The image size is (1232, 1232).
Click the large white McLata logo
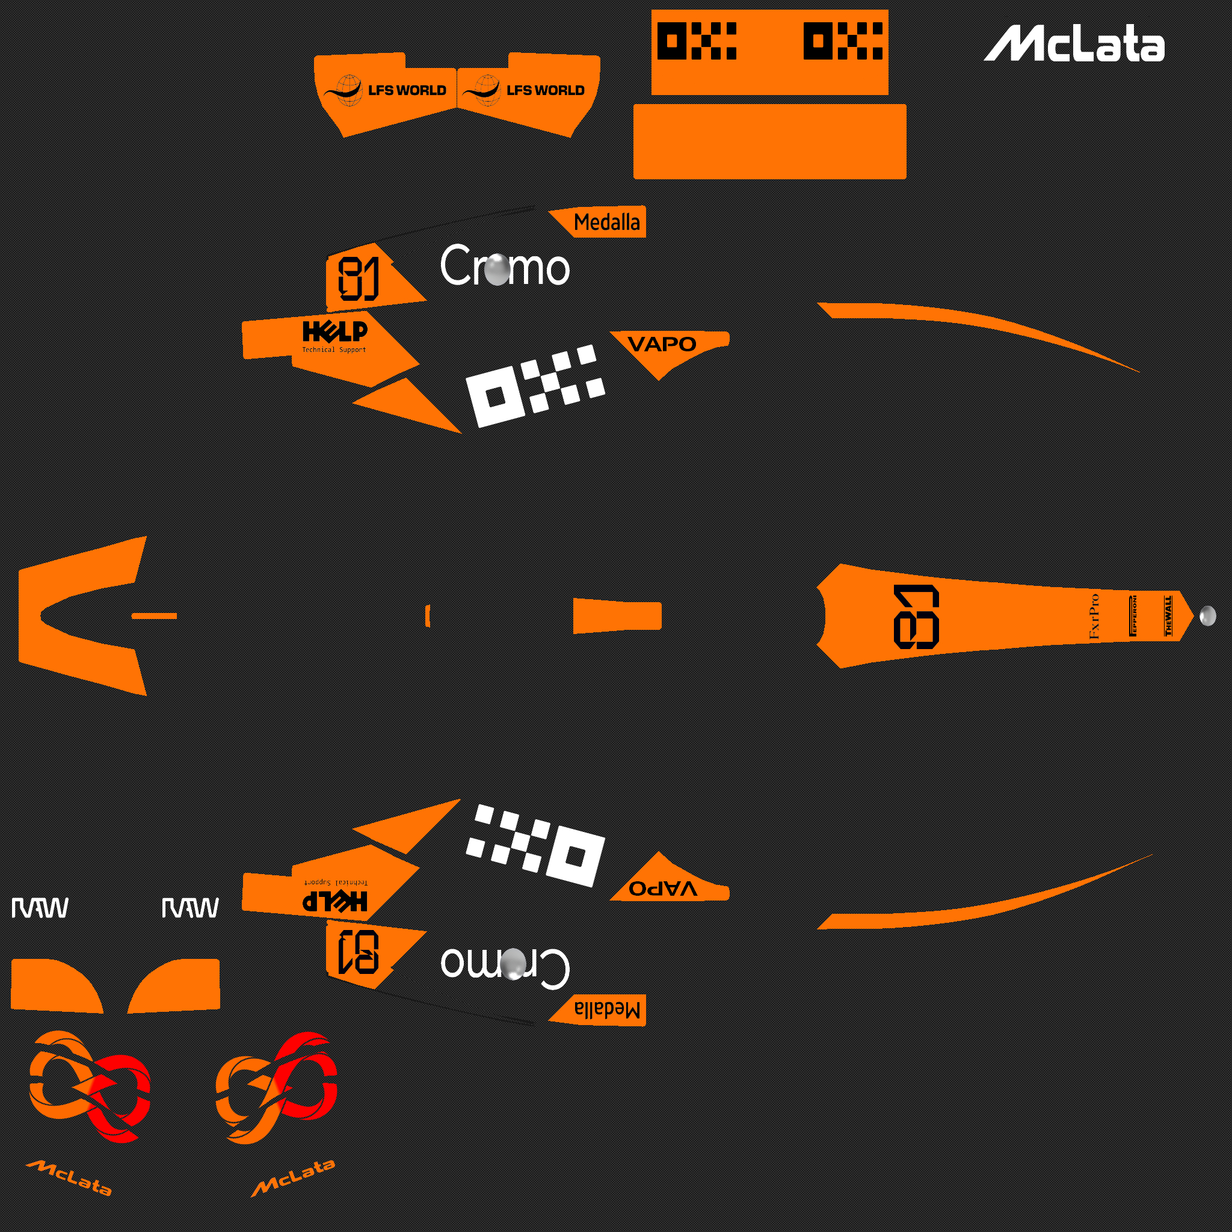point(1074,44)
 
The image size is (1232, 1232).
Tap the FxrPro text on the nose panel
point(1094,616)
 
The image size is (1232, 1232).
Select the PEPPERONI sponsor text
point(1133,615)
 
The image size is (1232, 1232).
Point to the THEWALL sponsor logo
point(1168,615)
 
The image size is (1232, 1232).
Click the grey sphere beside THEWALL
point(1207,616)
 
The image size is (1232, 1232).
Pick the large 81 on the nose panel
point(916,617)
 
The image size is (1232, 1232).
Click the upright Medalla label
point(606,223)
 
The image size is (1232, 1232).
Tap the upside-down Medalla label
point(606,1009)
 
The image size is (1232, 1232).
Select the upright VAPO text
point(662,344)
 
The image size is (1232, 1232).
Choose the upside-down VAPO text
point(662,889)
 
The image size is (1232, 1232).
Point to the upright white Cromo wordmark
point(504,266)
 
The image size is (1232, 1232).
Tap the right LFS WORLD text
point(545,91)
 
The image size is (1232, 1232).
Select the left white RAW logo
point(40,907)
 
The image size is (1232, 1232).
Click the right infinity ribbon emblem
point(276,1087)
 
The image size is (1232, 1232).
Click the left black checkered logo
point(697,41)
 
